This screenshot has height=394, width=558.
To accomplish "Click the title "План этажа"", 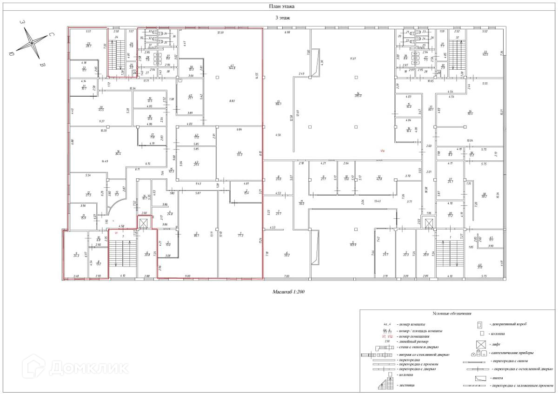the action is pos(281,7).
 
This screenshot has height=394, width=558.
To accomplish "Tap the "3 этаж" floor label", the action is pos(282,18).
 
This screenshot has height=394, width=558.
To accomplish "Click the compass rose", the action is pos(32,42).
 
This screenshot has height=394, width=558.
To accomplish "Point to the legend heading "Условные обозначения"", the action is pos(452,314).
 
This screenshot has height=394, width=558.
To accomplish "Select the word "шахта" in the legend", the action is pos(499,378).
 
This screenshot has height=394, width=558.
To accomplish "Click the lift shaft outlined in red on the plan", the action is pos(143,223).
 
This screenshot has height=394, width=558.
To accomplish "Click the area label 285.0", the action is pos(358,94).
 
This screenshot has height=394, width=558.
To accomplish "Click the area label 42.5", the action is pos(485,53).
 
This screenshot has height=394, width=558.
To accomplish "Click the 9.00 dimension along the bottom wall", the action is pos(187,276).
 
